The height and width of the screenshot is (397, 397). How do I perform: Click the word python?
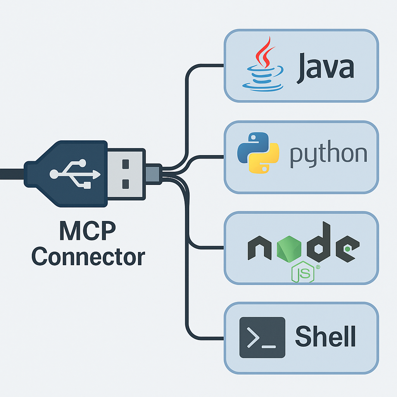click(328, 154)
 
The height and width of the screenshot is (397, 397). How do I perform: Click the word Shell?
click(325, 336)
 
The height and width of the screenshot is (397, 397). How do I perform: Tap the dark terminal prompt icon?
click(262, 337)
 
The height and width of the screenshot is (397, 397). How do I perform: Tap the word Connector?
click(88, 256)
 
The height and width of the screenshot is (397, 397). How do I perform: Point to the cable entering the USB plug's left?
click(12, 173)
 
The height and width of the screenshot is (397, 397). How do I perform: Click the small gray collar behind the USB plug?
click(154, 173)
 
